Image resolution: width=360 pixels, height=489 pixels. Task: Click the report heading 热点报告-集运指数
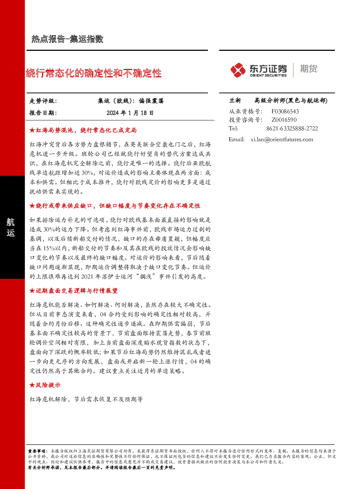pos(67,39)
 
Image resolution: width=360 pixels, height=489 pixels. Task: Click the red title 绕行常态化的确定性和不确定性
pos(94,73)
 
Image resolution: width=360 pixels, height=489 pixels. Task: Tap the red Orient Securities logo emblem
pos(238,70)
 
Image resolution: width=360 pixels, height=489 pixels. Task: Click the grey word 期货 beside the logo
pos(308,69)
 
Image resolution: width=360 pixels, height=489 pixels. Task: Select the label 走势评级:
pos(43,101)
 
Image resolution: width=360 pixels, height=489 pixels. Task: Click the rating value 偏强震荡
pos(151,101)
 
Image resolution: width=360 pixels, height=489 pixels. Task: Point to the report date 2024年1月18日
pos(130,113)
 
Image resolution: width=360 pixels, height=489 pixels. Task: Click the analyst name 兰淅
pos(235,101)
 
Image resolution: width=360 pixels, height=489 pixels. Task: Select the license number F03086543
pos(285,111)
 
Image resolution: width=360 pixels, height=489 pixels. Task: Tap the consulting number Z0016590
pos(284,120)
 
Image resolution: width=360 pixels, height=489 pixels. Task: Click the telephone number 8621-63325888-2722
pos(292,129)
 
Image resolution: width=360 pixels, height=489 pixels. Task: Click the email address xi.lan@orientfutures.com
pos(282,139)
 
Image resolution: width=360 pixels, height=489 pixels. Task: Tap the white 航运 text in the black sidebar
pos(11,227)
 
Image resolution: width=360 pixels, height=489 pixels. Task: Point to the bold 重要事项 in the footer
pos(36,451)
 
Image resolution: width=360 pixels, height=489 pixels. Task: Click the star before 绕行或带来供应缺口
pos(32,206)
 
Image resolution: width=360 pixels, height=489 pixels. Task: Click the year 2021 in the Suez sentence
pos(87,277)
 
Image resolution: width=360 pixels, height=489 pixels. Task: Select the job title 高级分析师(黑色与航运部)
pos(291,101)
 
